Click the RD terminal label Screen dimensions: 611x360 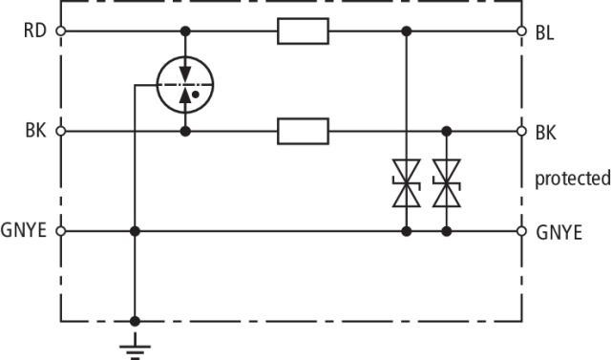click(x=35, y=31)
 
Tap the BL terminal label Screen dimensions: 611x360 click(x=545, y=33)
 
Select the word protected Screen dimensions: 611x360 click(x=573, y=180)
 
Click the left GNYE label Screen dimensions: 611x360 click(x=24, y=230)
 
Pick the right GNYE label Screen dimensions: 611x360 click(x=559, y=233)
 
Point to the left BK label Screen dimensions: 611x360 click(x=36, y=131)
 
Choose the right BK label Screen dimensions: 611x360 click(x=546, y=133)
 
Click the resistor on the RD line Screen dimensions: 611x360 click(x=304, y=32)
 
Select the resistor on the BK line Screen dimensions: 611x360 click(x=304, y=131)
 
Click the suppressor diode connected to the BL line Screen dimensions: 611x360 click(x=407, y=183)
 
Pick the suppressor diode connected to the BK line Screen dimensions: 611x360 click(x=447, y=183)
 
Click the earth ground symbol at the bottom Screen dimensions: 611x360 click(x=135, y=347)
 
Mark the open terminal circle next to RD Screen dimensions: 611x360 click(x=61, y=32)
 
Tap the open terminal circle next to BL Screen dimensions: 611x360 click(x=522, y=32)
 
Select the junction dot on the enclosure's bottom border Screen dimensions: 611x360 click(x=135, y=322)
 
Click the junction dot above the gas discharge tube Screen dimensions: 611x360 click(x=185, y=32)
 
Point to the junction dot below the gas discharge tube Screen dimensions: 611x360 click(x=185, y=131)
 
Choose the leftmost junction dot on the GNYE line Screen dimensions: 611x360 click(x=135, y=231)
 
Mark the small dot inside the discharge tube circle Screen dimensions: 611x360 click(x=196, y=95)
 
